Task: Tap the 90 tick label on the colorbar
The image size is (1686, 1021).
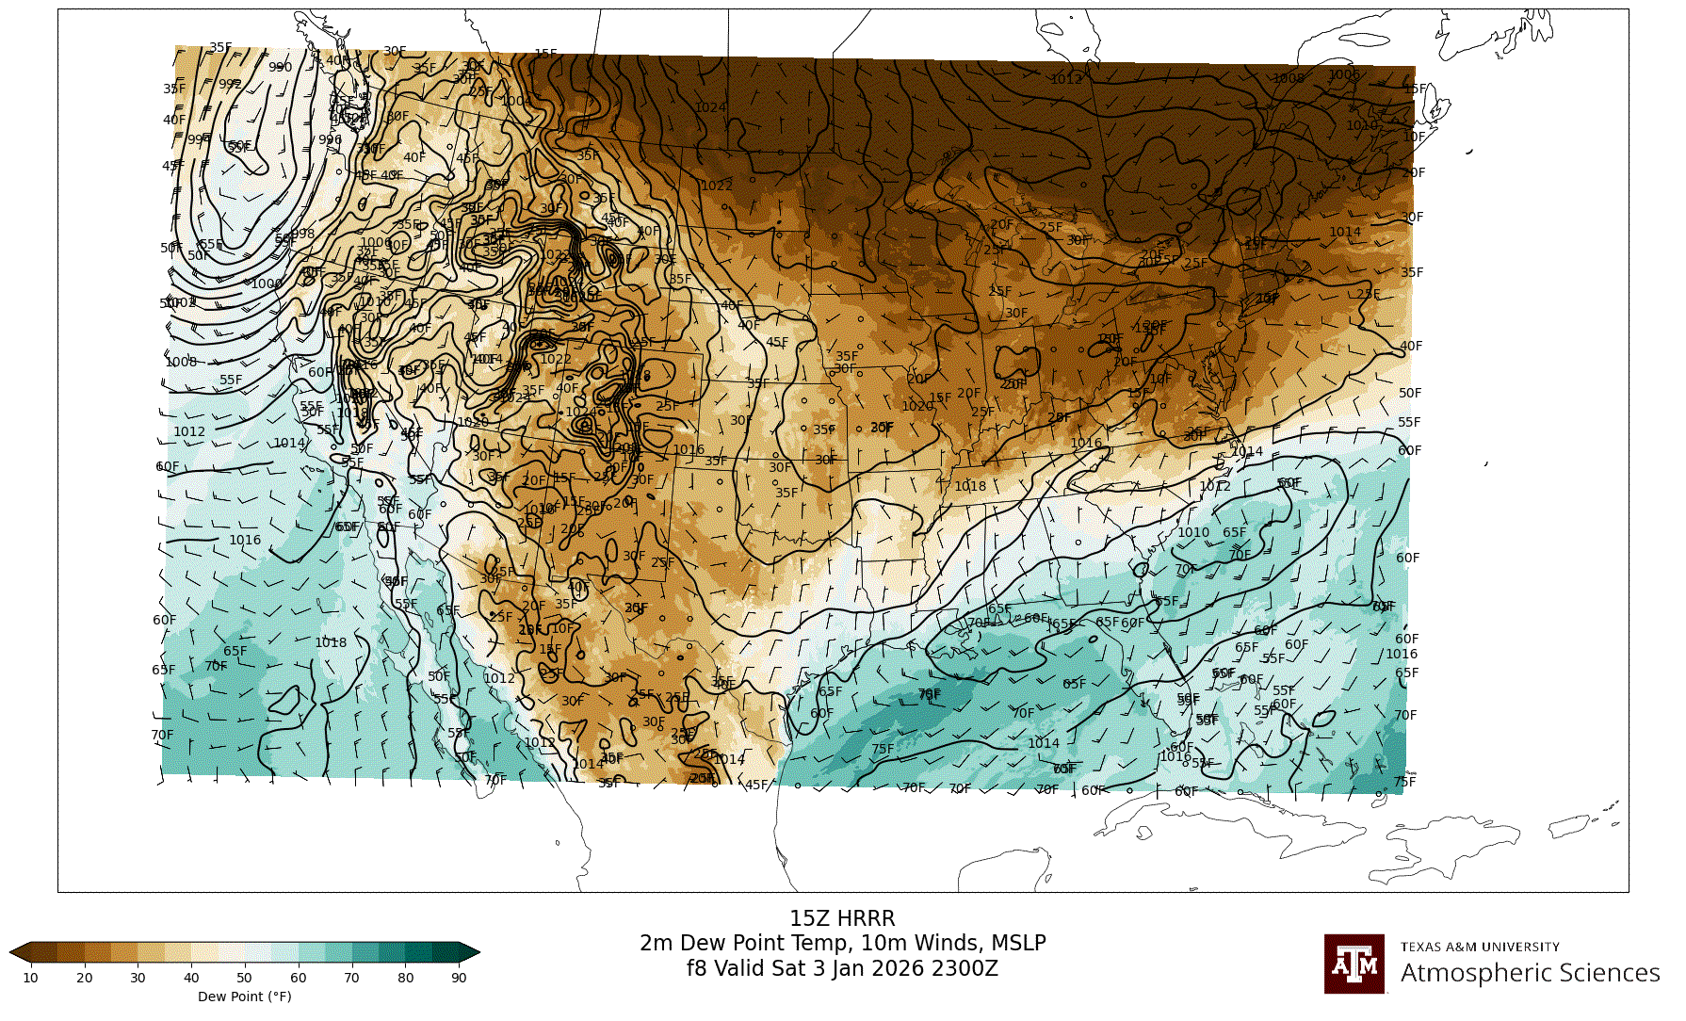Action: [x=459, y=978]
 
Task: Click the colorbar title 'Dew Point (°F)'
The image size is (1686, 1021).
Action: [x=245, y=997]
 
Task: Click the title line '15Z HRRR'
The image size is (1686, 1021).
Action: [x=842, y=918]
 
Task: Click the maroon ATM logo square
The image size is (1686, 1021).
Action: [x=1354, y=964]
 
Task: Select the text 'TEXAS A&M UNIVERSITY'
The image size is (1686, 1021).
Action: [x=1480, y=947]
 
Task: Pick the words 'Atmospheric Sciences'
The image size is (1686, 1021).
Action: [x=1530, y=973]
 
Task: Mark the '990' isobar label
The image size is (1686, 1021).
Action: [x=280, y=67]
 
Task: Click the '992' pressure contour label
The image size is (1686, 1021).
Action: [x=230, y=84]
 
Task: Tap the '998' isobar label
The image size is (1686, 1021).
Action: [x=303, y=234]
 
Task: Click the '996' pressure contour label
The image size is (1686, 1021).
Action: [x=330, y=139]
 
